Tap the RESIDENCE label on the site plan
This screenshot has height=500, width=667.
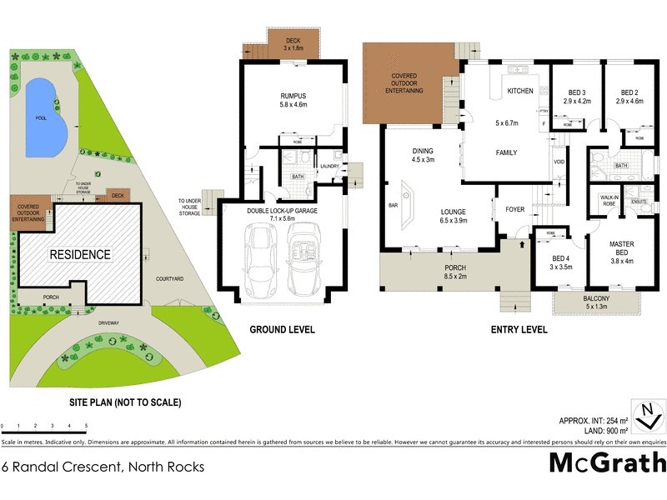78,254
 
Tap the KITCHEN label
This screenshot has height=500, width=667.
520,90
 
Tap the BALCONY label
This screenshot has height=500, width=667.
596,298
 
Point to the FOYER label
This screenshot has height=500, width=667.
515,209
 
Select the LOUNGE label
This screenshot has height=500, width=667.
454,212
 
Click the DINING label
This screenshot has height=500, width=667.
423,152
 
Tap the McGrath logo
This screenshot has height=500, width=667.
607,462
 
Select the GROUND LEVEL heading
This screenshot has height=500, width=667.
283,330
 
